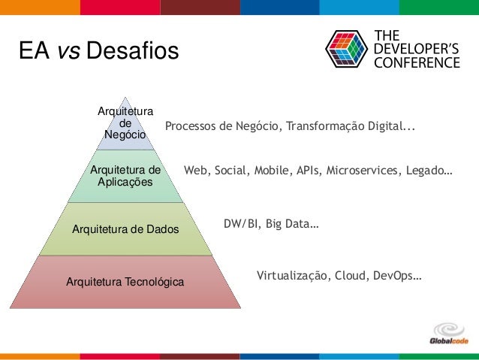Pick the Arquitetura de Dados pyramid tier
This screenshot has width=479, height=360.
[125, 228]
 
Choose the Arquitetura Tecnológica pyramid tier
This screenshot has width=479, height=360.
[125, 282]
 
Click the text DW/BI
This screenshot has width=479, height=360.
[239, 224]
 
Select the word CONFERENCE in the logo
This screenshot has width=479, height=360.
[417, 63]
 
